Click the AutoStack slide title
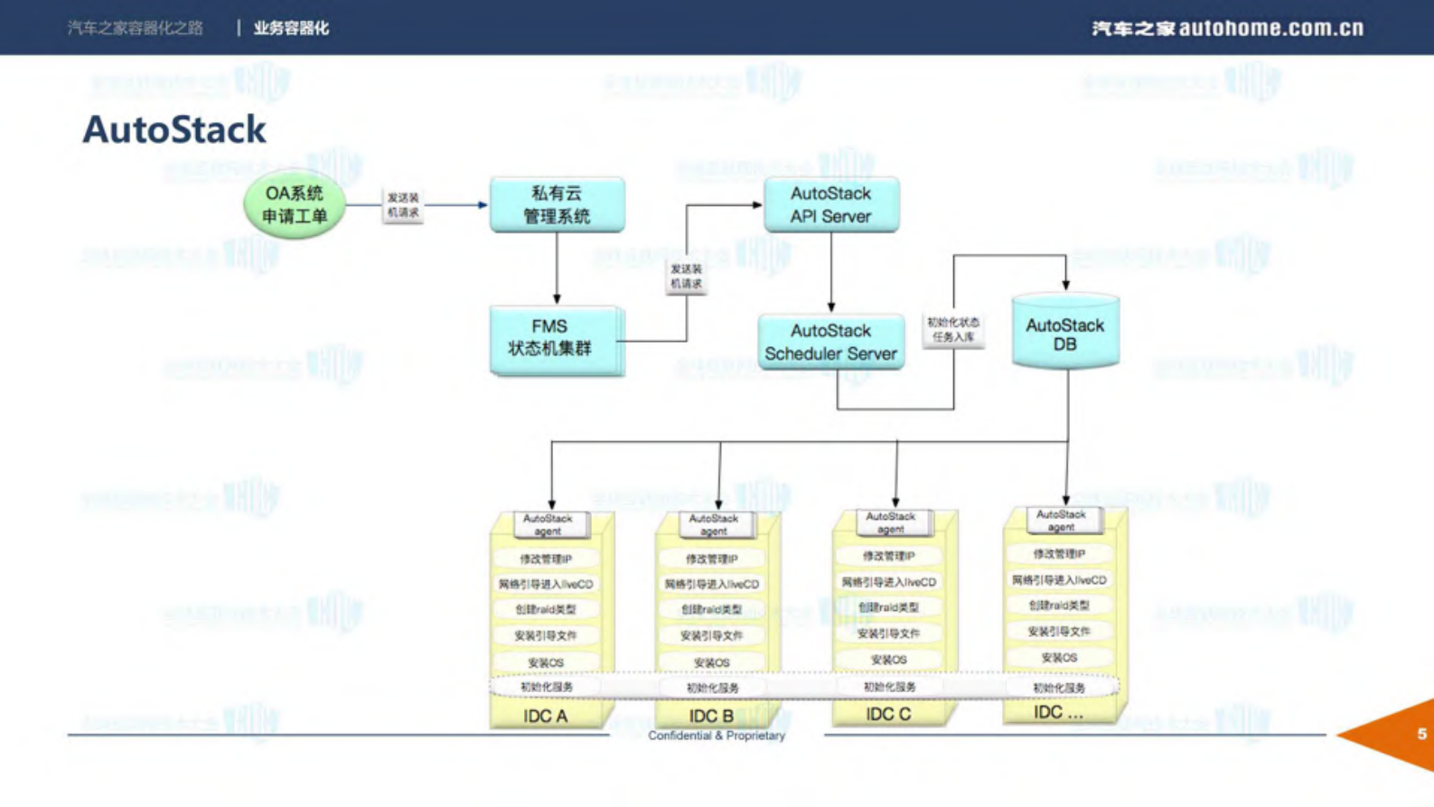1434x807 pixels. [x=173, y=130]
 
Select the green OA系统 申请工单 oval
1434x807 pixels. [x=295, y=204]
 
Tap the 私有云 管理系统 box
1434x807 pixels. [x=557, y=204]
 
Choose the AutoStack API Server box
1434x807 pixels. [x=830, y=204]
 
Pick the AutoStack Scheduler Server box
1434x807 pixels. [x=830, y=342]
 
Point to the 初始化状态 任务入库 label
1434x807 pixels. [x=953, y=330]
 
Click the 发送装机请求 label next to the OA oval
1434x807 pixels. [x=403, y=205]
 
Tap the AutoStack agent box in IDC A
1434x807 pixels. [x=548, y=525]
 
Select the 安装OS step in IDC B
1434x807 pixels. [x=712, y=662]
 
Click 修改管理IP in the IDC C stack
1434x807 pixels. [x=888, y=556]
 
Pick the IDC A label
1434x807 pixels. [x=545, y=716]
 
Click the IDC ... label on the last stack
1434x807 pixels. [x=1058, y=712]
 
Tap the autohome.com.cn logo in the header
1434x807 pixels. [x=1227, y=28]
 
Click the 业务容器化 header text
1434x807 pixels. [x=291, y=28]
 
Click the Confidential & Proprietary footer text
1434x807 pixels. [x=716, y=736]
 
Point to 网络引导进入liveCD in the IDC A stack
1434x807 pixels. [x=546, y=585]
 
